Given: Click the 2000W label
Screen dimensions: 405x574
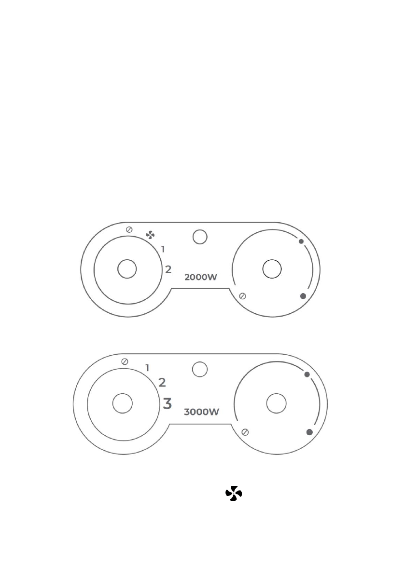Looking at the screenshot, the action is [x=200, y=277].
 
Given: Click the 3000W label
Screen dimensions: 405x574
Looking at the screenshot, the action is [x=201, y=412].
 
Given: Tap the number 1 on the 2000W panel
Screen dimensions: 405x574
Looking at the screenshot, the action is [x=163, y=249].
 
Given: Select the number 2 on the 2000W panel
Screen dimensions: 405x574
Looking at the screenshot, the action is [x=168, y=269].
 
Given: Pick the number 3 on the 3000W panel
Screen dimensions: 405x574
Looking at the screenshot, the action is [x=167, y=403].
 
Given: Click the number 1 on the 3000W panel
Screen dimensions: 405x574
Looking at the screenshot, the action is [x=147, y=368].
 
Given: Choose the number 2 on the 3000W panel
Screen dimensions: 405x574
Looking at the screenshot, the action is [x=162, y=383].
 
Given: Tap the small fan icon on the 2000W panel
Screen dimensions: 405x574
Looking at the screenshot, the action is [x=150, y=235].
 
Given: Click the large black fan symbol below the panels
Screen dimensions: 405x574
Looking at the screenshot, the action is [x=234, y=494].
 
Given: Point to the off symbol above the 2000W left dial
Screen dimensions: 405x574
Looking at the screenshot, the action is [x=129, y=229].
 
